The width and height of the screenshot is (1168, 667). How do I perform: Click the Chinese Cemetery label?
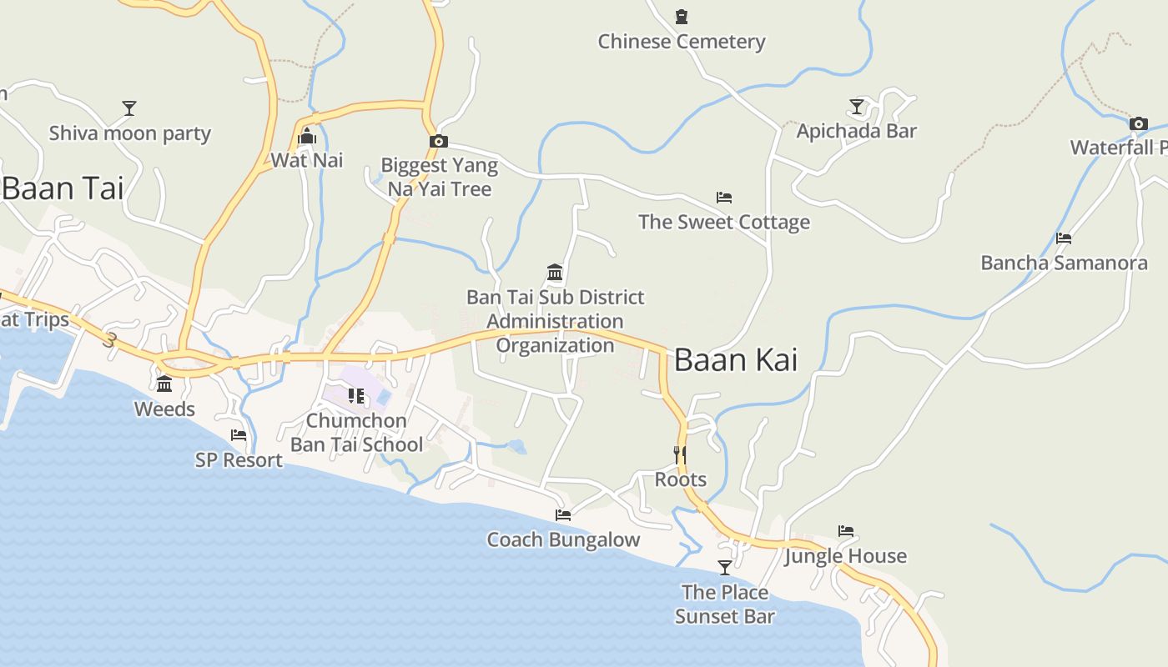pyautogui.click(x=682, y=42)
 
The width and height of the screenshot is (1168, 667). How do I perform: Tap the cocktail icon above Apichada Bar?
pyautogui.click(x=857, y=107)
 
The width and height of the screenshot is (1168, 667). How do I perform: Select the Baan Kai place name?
pyautogui.click(x=735, y=359)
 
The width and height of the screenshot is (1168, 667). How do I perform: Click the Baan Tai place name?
pyautogui.click(x=63, y=188)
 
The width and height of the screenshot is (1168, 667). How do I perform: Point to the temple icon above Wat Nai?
pyautogui.click(x=307, y=136)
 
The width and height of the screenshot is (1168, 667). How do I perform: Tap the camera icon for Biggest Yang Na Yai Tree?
pyautogui.click(x=439, y=142)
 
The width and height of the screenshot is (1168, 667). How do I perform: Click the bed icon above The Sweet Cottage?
pyautogui.click(x=724, y=198)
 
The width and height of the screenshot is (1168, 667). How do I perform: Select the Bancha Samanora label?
pyautogui.click(x=1064, y=263)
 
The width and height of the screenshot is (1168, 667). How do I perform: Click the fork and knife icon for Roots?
pyautogui.click(x=681, y=454)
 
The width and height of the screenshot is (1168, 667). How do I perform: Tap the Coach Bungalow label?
pyautogui.click(x=563, y=539)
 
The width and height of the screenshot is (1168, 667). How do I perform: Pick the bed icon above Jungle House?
pyautogui.click(x=846, y=531)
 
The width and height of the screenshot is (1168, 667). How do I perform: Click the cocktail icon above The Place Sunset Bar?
pyautogui.click(x=725, y=568)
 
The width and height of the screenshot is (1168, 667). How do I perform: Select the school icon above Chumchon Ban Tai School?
pyautogui.click(x=356, y=396)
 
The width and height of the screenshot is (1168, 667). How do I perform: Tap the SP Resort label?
pyautogui.click(x=239, y=459)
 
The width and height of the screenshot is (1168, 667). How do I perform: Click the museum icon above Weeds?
pyautogui.click(x=164, y=384)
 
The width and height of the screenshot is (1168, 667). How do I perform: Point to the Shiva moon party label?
pyautogui.click(x=129, y=133)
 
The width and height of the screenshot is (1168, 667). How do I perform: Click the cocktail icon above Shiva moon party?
pyautogui.click(x=129, y=108)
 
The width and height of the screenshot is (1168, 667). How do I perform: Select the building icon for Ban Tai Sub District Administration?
pyautogui.click(x=555, y=273)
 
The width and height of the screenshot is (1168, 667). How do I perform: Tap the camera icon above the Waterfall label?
pyautogui.click(x=1139, y=124)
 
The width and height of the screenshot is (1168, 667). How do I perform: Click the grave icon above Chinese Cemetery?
pyautogui.click(x=682, y=17)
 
